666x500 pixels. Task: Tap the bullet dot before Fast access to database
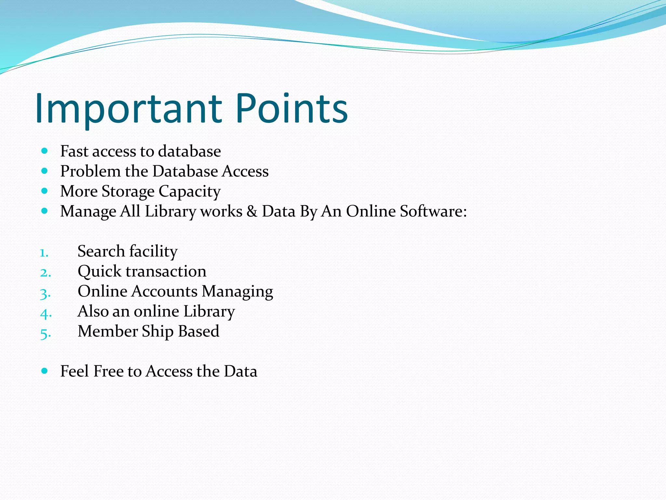(45, 151)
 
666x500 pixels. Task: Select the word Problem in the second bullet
(90, 171)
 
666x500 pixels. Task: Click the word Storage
(128, 191)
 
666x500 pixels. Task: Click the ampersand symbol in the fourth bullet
(252, 211)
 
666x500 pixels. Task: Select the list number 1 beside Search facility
(44, 253)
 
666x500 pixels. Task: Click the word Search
(101, 251)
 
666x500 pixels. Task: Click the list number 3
(45, 293)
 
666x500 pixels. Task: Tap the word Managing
(237, 291)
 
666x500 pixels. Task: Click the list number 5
(45, 333)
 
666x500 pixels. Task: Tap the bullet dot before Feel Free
(45, 371)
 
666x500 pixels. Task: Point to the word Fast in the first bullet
(74, 151)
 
